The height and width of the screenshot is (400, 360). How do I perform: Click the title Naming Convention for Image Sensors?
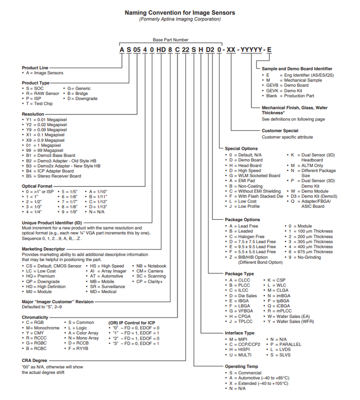coord(179,12)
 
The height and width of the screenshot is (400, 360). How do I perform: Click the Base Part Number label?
coord(170,39)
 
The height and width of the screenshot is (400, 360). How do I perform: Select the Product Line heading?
coord(35,67)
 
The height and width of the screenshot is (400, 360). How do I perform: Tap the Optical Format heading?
coord(37,186)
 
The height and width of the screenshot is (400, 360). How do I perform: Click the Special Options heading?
coord(241,149)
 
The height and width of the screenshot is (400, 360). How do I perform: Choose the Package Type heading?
coord(239,274)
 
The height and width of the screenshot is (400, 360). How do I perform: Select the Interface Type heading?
coord(239,333)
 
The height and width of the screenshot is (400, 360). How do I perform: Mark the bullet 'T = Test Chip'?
coord(39,104)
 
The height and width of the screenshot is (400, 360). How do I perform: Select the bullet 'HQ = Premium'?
coord(40,276)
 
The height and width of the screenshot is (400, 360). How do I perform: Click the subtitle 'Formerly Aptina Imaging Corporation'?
coord(179,19)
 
